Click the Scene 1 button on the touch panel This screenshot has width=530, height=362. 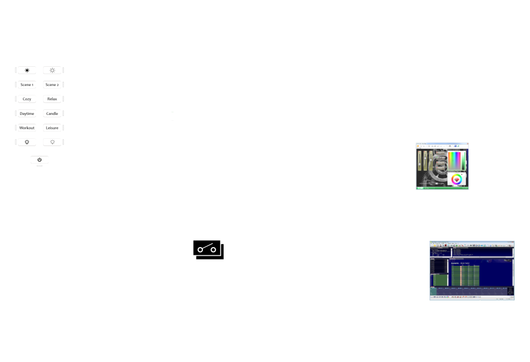pos(27,84)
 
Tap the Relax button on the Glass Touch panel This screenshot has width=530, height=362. pos(52,99)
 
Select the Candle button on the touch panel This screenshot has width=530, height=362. pos(52,113)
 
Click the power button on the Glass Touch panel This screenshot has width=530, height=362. pos(39,160)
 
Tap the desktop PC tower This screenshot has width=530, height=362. pos(385,279)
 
